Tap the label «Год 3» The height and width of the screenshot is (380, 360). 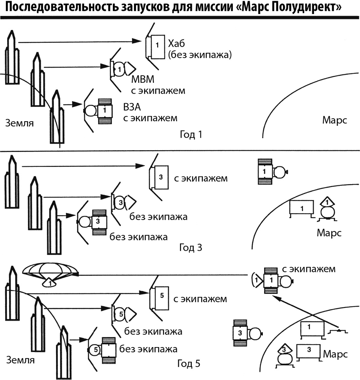(191, 247)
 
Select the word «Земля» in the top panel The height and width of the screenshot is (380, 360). (19, 123)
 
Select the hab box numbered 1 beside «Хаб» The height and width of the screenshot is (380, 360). (156, 45)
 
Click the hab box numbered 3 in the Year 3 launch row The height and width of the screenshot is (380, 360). (160, 178)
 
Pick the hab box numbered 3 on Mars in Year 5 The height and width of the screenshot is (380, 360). (308, 350)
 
